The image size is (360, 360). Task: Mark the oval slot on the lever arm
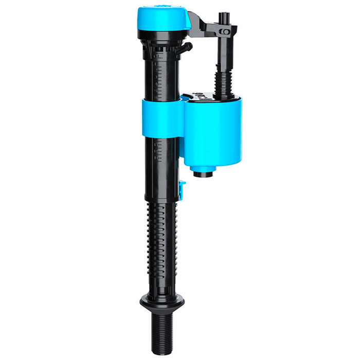click(224, 32)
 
